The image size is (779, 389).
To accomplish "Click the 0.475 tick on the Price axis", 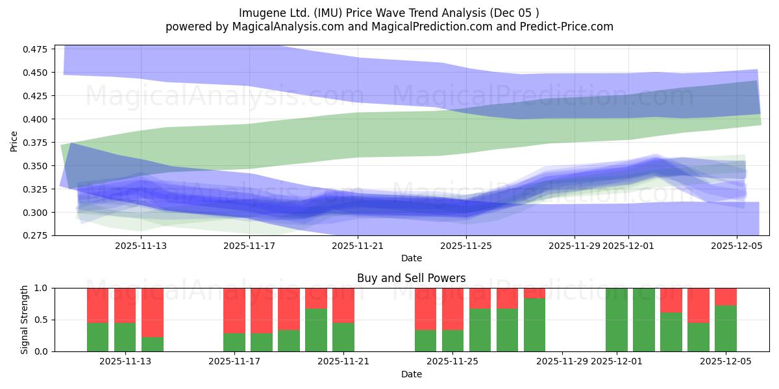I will (38, 49).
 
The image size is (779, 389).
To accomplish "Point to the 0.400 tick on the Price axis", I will (38, 119).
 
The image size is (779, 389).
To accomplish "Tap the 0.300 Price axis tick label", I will (38, 213).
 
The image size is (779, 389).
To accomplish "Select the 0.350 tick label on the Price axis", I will (38, 166).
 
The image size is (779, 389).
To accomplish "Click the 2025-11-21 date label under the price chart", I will (358, 246).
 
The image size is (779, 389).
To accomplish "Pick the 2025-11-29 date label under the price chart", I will (575, 246).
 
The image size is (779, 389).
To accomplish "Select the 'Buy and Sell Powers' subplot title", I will (411, 278).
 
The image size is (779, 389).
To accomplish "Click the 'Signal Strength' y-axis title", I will (25, 320).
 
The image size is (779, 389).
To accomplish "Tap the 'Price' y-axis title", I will (14, 142).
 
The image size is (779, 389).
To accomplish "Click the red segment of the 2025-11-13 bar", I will (125, 305).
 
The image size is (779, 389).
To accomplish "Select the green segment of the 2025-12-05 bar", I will (726, 328).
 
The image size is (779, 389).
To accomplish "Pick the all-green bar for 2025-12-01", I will (617, 320).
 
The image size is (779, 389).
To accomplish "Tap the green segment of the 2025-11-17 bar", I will (234, 342).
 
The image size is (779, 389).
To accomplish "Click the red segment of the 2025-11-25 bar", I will (453, 309).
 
